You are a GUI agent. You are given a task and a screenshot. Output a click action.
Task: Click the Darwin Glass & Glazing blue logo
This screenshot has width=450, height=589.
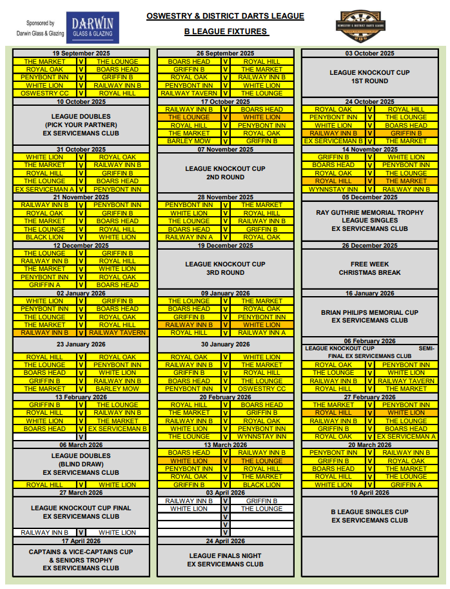coord(92,28)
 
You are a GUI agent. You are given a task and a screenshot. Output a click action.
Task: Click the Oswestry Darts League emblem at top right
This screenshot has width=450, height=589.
coord(369,26)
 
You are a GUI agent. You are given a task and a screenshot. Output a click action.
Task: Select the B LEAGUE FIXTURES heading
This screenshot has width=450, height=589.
coord(226,31)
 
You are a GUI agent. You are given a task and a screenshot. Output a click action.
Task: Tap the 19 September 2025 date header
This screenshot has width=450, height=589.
coord(81,54)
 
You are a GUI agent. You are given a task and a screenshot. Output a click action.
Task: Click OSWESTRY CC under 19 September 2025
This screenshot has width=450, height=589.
coord(44,94)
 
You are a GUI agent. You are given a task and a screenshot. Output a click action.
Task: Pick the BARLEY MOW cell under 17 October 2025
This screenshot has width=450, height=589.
coord(189,141)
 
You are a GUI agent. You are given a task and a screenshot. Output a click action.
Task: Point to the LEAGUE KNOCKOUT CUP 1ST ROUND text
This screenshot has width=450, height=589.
coord(369,77)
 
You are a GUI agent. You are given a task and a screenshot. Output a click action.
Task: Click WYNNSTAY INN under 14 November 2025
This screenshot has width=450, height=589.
coord(333,189)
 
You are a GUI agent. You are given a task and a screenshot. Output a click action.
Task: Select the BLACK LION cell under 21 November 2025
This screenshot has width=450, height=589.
coord(44,237)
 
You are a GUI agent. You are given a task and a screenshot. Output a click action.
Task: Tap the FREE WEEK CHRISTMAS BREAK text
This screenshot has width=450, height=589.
coord(369,268)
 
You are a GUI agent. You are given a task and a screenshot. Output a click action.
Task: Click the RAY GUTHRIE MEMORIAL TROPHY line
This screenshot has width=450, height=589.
coord(369,212)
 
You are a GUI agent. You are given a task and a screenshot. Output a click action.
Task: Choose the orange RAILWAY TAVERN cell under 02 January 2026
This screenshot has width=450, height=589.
coord(117,333)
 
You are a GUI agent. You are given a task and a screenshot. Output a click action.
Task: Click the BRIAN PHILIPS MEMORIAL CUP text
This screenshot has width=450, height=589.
coord(369,312)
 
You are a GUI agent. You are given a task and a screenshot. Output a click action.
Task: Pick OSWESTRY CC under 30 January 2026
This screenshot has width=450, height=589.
coord(262,389)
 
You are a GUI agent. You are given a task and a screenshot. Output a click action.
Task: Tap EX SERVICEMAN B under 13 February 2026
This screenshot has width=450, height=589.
coord(117,428)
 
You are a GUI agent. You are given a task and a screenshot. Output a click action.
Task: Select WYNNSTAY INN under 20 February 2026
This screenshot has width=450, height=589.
coord(262,437)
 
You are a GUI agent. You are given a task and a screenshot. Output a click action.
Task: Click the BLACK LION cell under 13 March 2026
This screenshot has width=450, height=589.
coord(262,484)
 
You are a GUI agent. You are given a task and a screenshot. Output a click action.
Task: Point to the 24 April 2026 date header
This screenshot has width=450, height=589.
coord(226,541)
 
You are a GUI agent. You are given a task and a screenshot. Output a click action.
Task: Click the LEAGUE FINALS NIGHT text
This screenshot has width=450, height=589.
coord(226,555)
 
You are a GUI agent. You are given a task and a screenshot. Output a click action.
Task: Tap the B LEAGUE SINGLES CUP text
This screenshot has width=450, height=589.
coord(369,512)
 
